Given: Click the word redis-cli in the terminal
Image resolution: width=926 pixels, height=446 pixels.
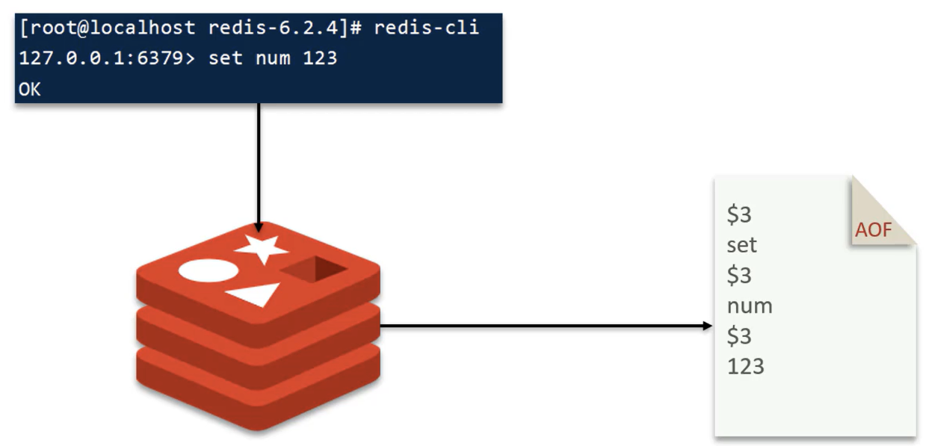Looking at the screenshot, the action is click(x=426, y=28).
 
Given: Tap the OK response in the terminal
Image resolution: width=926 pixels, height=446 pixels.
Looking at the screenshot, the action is click(x=30, y=90).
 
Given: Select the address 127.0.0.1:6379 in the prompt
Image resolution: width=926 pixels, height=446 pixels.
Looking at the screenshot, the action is click(x=102, y=58).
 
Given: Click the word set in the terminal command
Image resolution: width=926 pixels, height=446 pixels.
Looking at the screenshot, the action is click(x=225, y=58).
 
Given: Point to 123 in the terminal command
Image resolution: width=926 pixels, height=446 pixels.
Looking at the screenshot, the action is click(x=320, y=58).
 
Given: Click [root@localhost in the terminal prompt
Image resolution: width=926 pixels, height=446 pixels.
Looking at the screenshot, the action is click(x=107, y=28).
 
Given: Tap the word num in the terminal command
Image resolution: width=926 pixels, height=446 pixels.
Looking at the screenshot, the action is click(x=273, y=58).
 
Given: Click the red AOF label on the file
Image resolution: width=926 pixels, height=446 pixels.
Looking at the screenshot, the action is click(x=873, y=230).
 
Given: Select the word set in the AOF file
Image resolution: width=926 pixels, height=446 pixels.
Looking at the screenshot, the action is click(x=741, y=245).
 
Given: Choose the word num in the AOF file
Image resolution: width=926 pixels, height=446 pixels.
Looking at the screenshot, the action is click(x=750, y=307).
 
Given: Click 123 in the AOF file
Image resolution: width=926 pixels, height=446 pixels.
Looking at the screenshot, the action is click(x=745, y=366).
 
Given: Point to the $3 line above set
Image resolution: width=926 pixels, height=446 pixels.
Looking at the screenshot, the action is click(x=739, y=214).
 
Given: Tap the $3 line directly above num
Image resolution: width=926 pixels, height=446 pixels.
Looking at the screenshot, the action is click(x=739, y=275).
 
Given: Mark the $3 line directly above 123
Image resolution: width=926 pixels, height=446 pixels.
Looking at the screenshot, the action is click(x=739, y=335).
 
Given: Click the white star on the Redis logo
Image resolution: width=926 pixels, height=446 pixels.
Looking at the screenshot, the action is click(x=262, y=249).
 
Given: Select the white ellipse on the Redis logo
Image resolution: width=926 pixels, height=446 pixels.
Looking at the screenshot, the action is click(x=209, y=270).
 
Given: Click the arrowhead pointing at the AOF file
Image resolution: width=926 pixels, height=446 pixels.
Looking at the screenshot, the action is click(x=707, y=326).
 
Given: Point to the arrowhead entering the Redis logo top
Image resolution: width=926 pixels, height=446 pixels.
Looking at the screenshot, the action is click(x=259, y=227).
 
